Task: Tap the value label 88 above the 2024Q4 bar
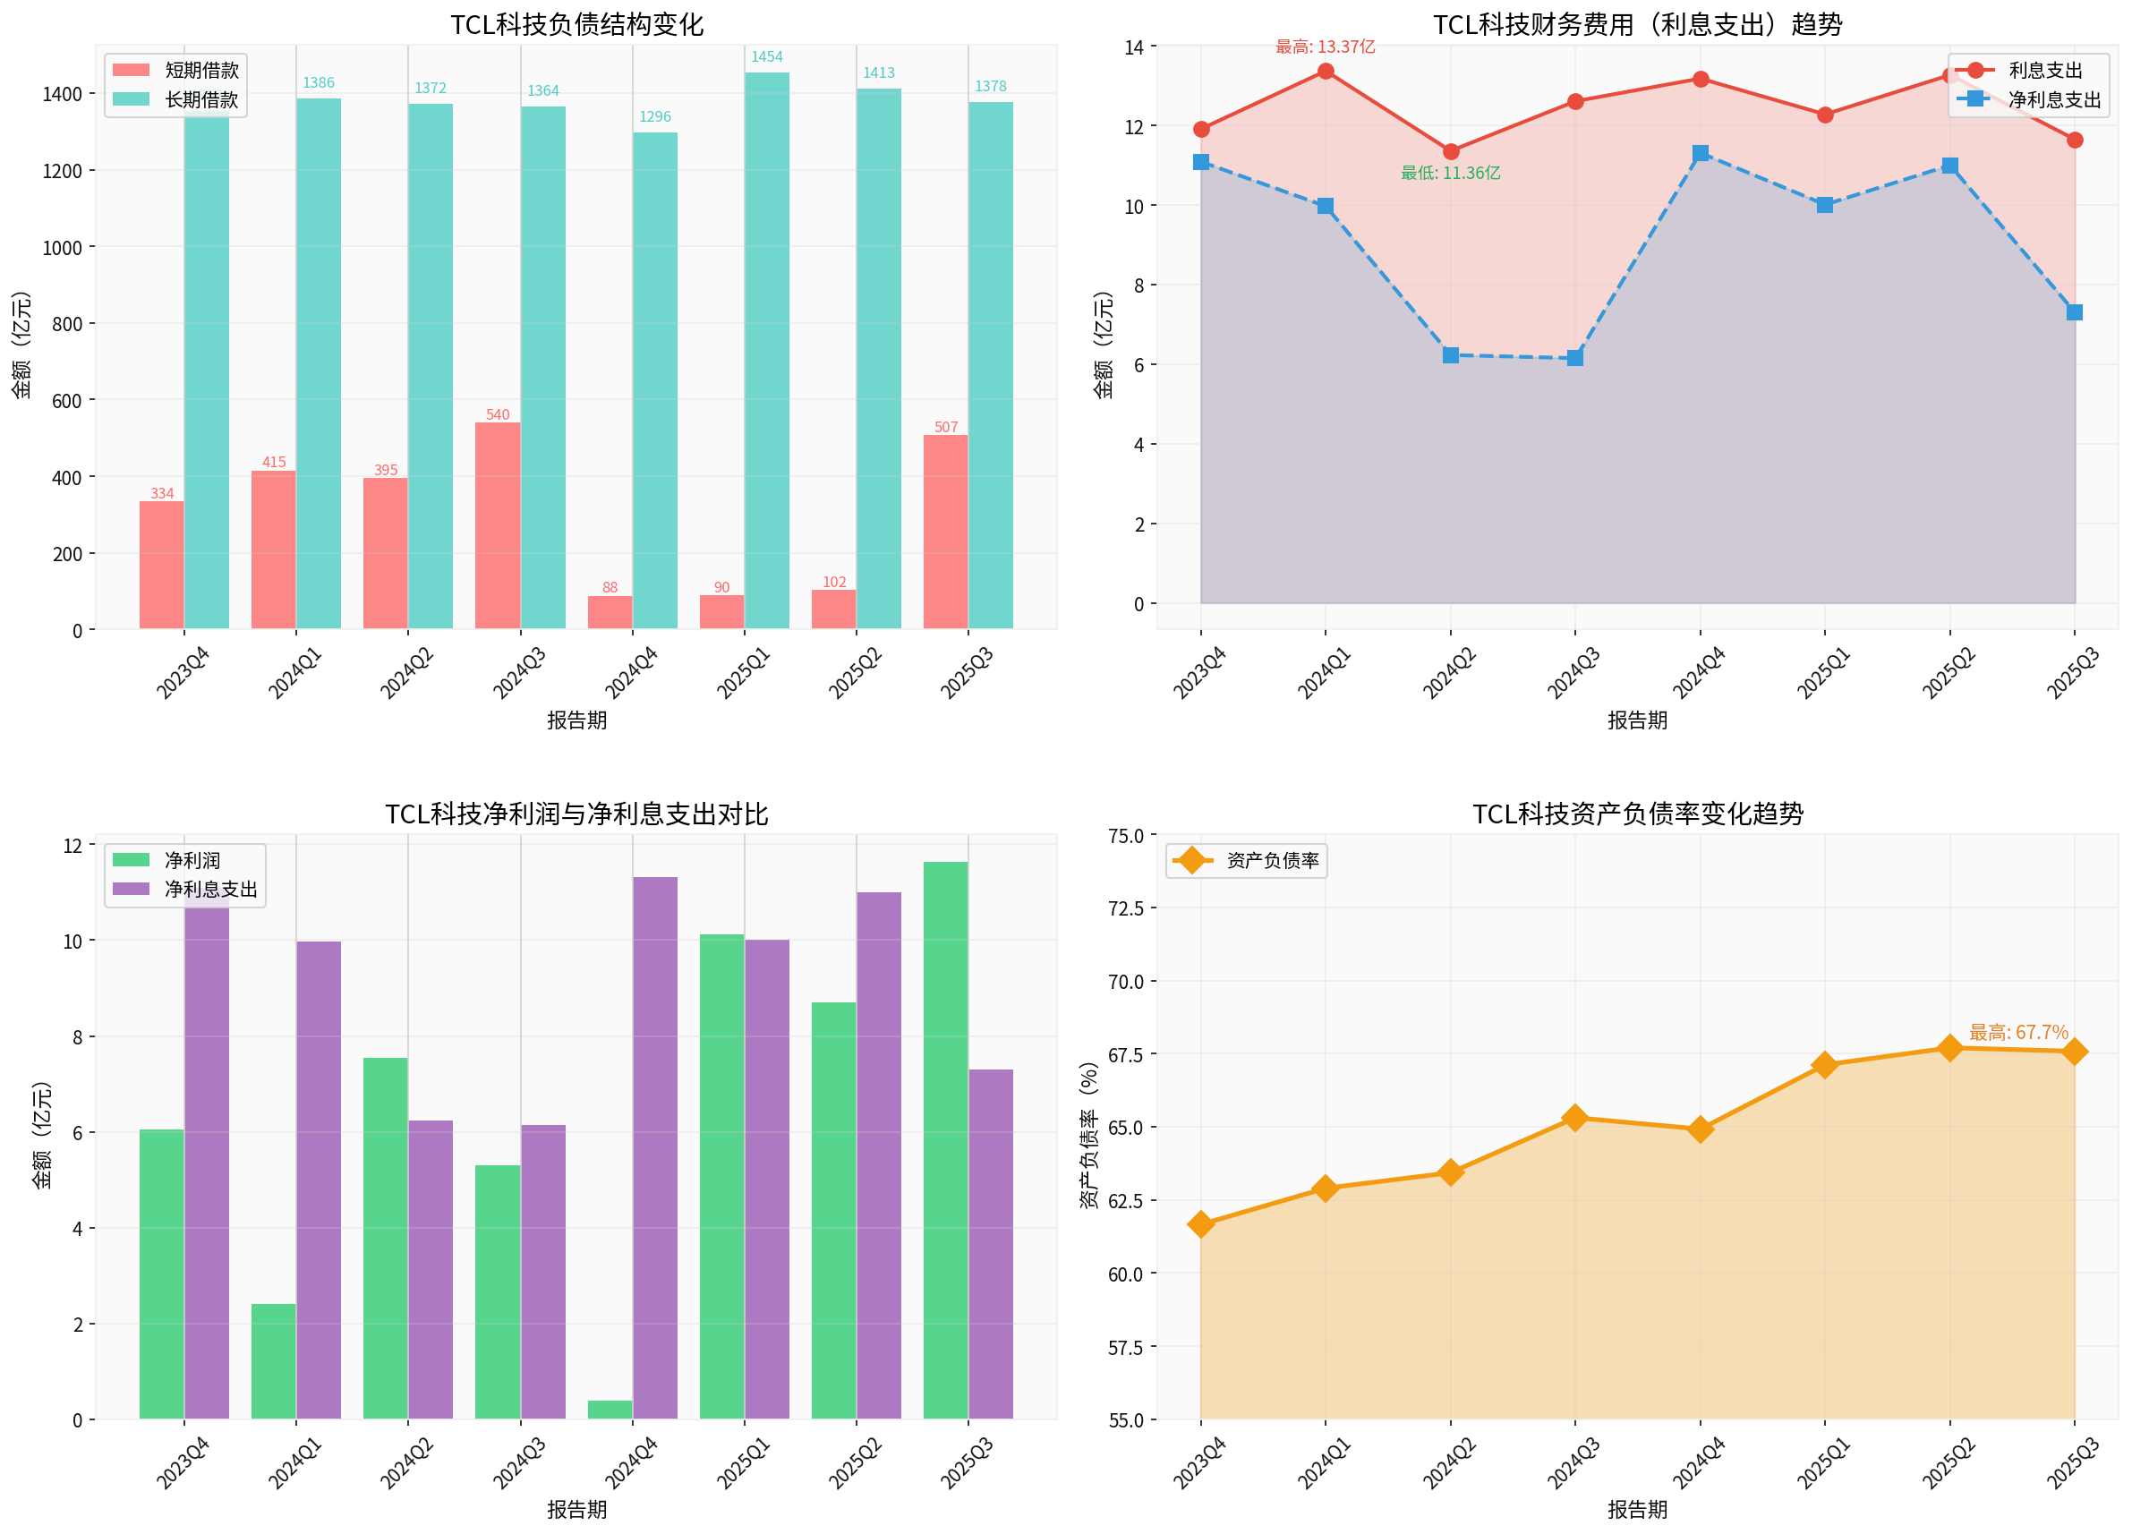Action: pyautogui.click(x=610, y=587)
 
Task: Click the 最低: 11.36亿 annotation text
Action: pyautogui.click(x=1450, y=173)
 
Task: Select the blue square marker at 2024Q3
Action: pyautogui.click(x=1574, y=358)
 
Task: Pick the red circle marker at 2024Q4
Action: pyautogui.click(x=1700, y=79)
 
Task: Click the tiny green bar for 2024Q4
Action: pyautogui.click(x=610, y=1409)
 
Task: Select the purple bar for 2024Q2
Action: pyautogui.click(x=431, y=1269)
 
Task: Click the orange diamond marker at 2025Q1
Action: pyautogui.click(x=1825, y=1064)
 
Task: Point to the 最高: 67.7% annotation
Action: pyautogui.click(x=2018, y=1032)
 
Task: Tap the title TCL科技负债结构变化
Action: pyautogui.click(x=576, y=24)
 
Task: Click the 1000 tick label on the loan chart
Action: pyautogui.click(x=62, y=247)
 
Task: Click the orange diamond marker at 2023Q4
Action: pyautogui.click(x=1200, y=1223)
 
